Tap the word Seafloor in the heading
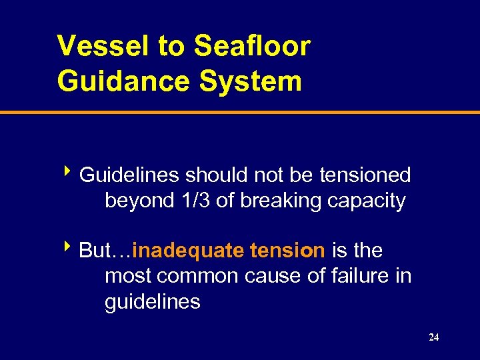[252, 47]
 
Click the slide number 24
[433, 337]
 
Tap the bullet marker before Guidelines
[71, 175]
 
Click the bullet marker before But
[71, 251]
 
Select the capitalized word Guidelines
[129, 175]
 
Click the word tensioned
[365, 175]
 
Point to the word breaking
[279, 201]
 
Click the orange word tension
[287, 251]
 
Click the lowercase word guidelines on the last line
[152, 301]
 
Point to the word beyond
[135, 201]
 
